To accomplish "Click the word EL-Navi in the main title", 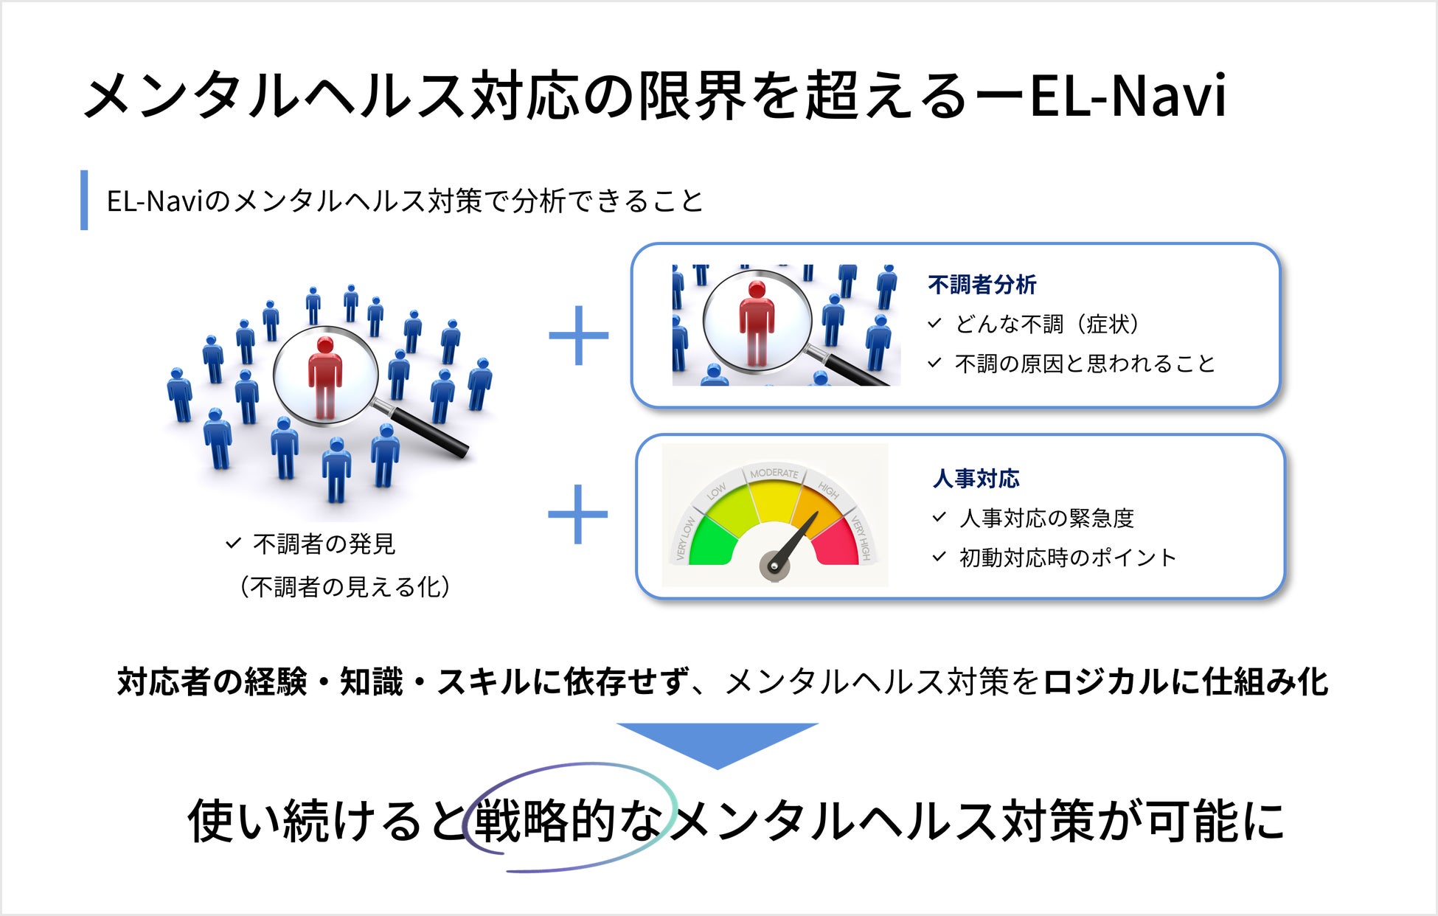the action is pos(1128,96).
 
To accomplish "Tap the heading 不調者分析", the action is pos(982,285).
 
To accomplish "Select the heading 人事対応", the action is pos(976,479).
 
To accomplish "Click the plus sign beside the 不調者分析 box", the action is pos(579,336).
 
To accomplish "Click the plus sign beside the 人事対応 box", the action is pos(578,514).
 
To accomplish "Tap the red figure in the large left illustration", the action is pos(324,376).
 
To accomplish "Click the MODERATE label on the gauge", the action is pos(774,473).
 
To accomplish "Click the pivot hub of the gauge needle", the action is pos(774,566).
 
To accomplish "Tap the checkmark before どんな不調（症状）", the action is pos(935,323).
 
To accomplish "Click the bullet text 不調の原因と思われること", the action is pos(1084,364).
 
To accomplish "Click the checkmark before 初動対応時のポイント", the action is pos(939,557).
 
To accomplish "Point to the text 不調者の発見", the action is pos(324,544).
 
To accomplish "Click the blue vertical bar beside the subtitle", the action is pos(84,200).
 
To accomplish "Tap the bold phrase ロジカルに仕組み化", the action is pos(1185,681).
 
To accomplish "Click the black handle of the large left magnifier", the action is pos(431,431).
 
